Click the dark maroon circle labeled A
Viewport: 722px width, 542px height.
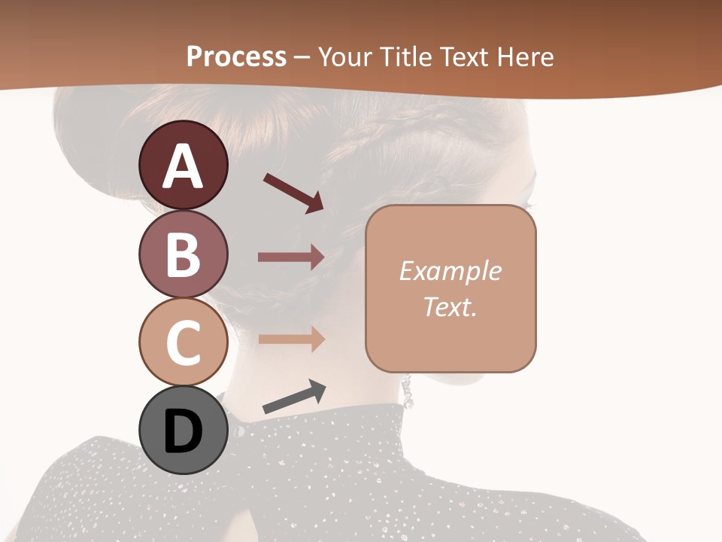(184, 165)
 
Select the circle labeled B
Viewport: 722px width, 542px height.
(184, 254)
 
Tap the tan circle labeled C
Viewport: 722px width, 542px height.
(184, 342)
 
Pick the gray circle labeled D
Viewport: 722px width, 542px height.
(184, 431)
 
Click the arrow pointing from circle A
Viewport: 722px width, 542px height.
(293, 193)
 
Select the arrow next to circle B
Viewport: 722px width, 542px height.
(291, 257)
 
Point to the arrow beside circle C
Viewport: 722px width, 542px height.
(291, 339)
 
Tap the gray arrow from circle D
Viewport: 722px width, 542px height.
(294, 397)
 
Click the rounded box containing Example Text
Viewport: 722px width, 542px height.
(450, 288)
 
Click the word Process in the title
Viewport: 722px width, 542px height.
(236, 56)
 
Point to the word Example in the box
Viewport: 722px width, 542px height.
(450, 271)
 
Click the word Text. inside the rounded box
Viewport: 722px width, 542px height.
(450, 306)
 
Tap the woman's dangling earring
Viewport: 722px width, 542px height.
(407, 393)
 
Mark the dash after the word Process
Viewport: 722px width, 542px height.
(302, 57)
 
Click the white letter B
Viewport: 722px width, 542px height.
(184, 254)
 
